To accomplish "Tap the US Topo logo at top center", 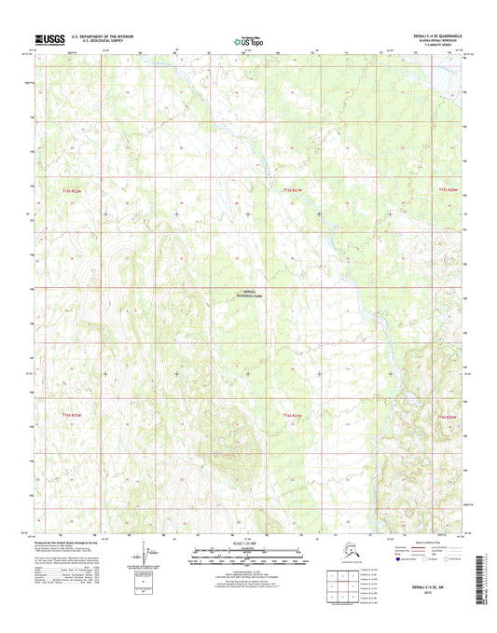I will [247, 39].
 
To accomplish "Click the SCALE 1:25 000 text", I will [247, 551].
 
